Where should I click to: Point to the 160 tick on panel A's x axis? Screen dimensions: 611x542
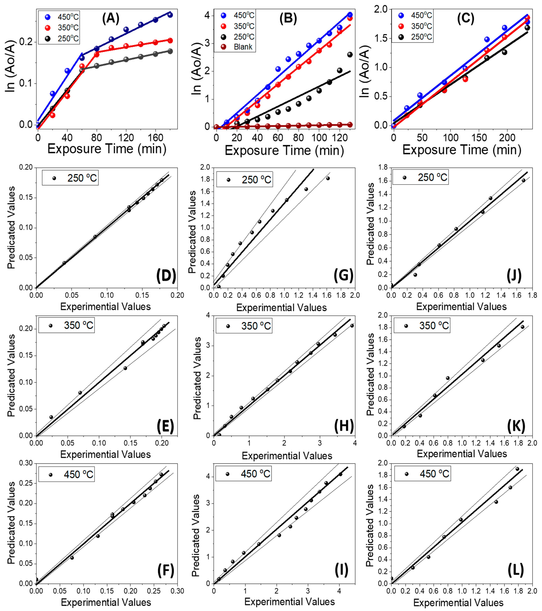point(155,138)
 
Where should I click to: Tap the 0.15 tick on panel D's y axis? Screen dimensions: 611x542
point(26,198)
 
